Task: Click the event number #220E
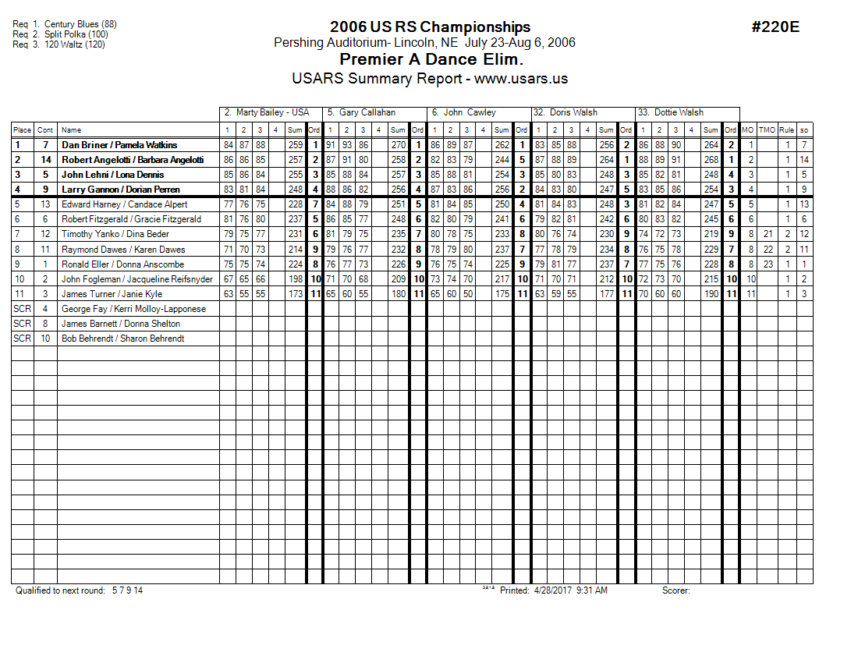tap(775, 27)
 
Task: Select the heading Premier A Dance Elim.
tap(431, 59)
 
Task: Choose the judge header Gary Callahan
tap(367, 112)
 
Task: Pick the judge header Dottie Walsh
tap(678, 112)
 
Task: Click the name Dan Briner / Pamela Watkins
tap(119, 145)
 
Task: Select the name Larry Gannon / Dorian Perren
tap(121, 190)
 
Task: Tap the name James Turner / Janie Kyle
tap(112, 293)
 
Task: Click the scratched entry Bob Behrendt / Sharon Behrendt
tap(123, 339)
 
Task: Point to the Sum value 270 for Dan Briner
tap(398, 145)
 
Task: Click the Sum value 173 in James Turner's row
tap(295, 293)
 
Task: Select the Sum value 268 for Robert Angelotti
tap(710, 160)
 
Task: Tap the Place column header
tap(22, 130)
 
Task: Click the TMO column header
tap(767, 130)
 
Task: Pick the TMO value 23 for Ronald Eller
tap(767, 264)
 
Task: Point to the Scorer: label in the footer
tap(676, 590)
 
